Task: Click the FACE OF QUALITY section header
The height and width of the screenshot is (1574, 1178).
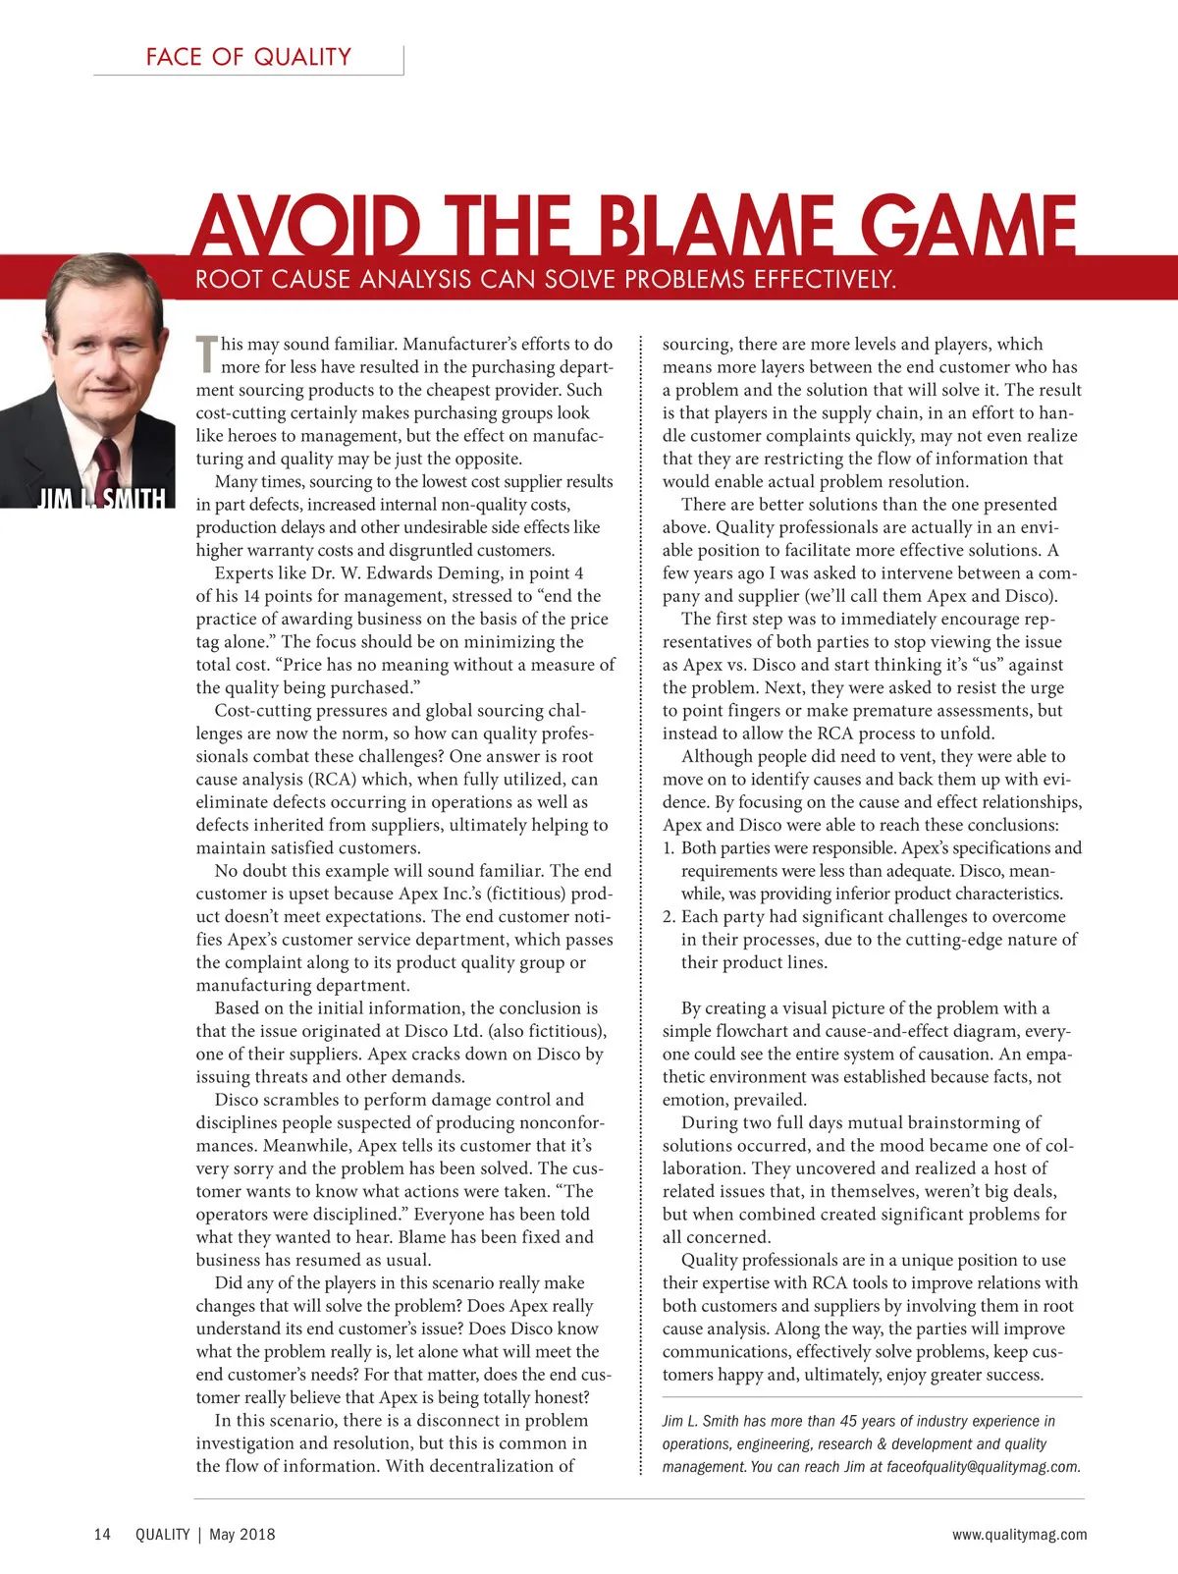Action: [248, 57]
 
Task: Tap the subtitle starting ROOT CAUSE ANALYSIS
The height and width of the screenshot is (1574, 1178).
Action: [546, 280]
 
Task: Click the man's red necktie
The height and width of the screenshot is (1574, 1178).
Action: [105, 461]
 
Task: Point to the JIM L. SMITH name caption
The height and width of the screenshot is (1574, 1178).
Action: [101, 499]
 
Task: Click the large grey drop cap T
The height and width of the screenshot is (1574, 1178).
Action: [206, 354]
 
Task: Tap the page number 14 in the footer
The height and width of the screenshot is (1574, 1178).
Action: [102, 1535]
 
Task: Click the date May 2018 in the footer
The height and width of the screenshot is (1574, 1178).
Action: [241, 1535]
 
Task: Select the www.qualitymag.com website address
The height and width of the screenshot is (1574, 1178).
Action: [1019, 1535]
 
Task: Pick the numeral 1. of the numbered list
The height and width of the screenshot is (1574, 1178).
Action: [669, 848]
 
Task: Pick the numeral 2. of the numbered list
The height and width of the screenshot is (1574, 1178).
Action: [669, 917]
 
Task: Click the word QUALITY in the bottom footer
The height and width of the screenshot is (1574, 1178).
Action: [162, 1535]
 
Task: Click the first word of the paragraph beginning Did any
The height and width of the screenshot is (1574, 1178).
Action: [228, 1283]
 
